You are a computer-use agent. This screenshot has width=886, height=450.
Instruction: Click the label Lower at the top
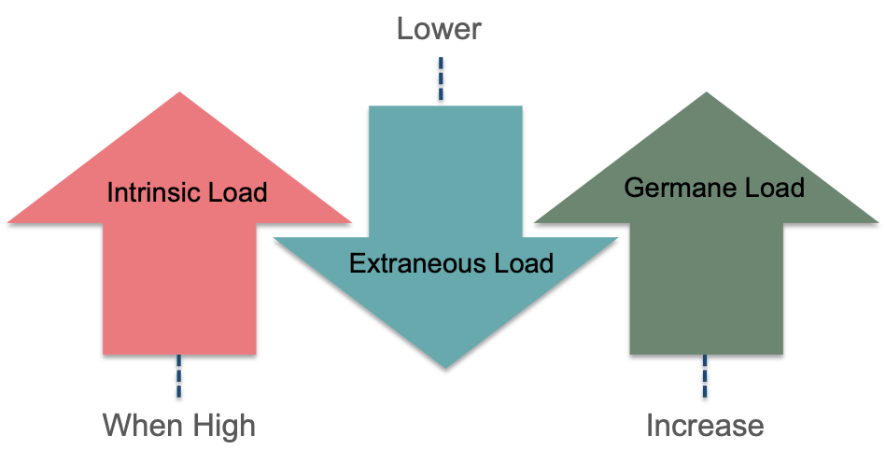coord(438,28)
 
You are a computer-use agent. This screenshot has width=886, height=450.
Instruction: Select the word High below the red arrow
coord(220,426)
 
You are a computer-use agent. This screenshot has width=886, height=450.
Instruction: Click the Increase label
coord(705,426)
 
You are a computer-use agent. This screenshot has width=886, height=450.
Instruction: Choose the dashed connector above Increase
coord(705,379)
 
